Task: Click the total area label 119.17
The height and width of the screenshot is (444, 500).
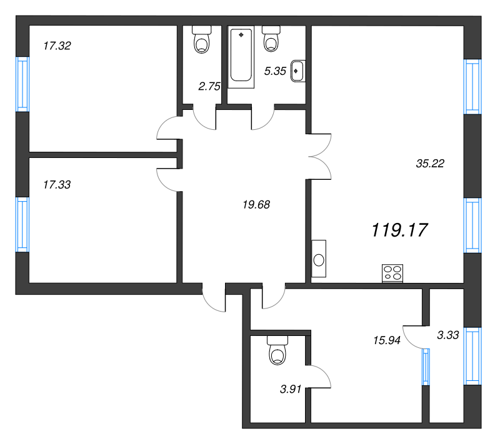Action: (x=399, y=230)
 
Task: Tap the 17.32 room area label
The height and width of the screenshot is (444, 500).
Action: (x=57, y=46)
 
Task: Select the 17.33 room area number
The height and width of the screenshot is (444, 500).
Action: (x=57, y=185)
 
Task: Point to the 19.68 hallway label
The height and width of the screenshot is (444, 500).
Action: (x=256, y=204)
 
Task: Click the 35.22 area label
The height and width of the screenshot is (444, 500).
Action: (x=430, y=164)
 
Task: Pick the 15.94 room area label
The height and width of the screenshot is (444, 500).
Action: (x=387, y=340)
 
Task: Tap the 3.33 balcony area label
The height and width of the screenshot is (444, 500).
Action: (x=448, y=335)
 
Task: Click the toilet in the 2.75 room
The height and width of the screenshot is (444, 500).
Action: (x=201, y=39)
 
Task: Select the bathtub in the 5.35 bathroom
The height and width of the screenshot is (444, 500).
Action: (x=241, y=56)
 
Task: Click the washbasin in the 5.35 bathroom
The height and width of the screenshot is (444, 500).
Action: (x=298, y=71)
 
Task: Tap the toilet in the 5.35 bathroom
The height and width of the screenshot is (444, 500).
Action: (x=271, y=39)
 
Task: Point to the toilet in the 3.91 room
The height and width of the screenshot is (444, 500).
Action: (x=277, y=350)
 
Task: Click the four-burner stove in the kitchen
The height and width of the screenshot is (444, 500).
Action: (x=392, y=274)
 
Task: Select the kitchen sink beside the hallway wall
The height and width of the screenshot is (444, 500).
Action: (x=319, y=259)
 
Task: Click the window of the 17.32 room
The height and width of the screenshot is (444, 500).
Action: (x=22, y=84)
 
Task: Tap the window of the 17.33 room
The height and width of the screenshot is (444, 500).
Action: (x=22, y=225)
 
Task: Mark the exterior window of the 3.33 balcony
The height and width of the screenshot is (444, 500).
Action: (x=472, y=356)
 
